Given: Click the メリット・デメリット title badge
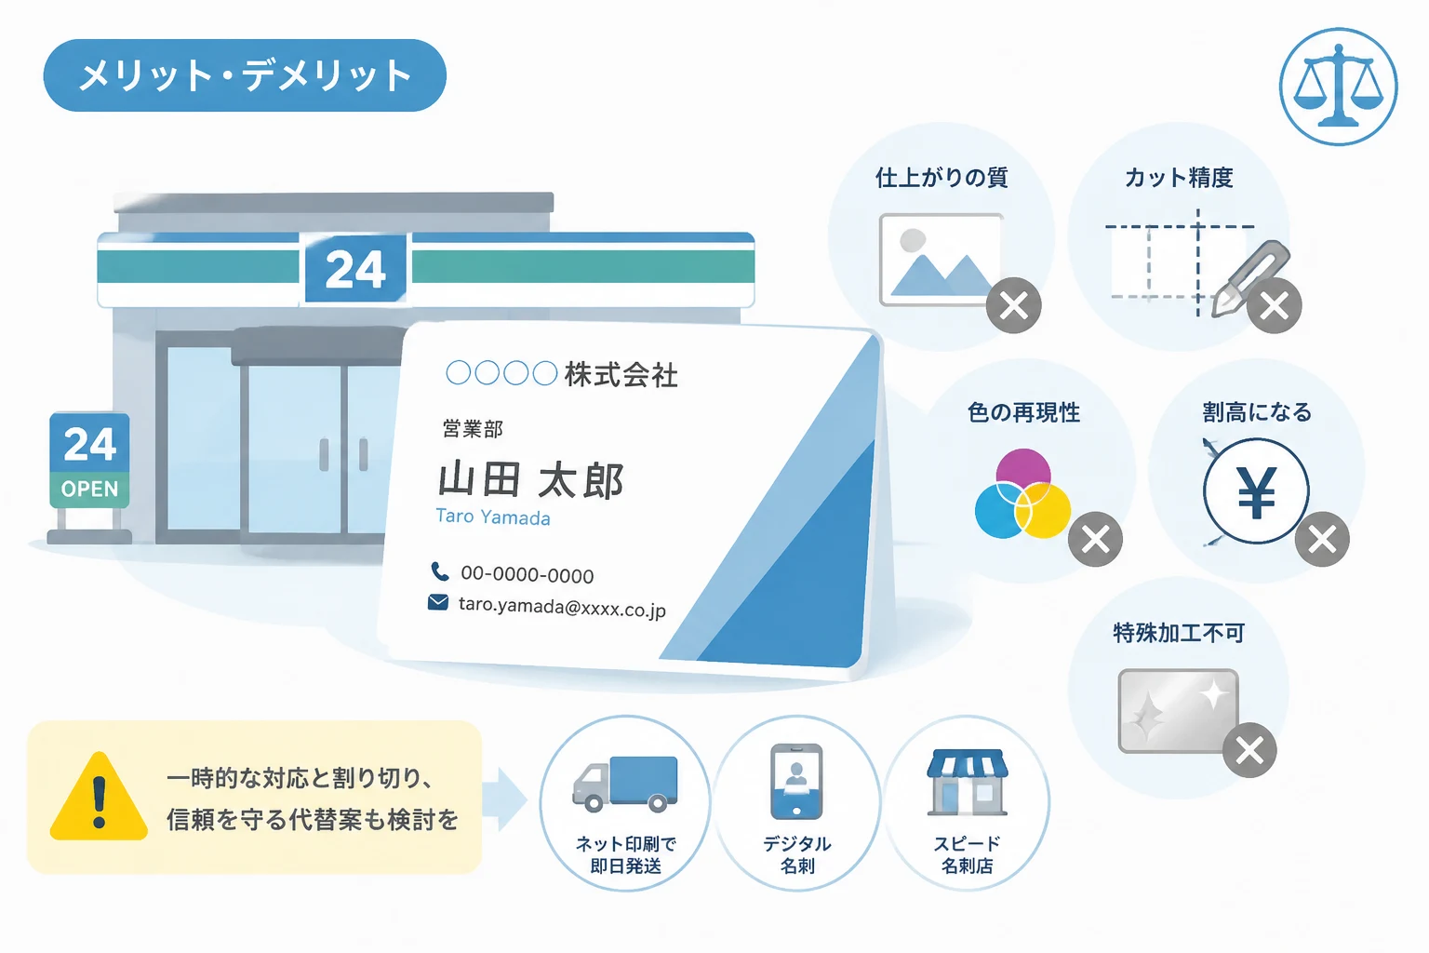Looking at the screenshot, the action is (x=245, y=75).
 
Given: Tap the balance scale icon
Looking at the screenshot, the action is (x=1339, y=87).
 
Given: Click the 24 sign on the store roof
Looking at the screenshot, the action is (x=355, y=268).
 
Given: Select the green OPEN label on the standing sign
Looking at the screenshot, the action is (x=89, y=490).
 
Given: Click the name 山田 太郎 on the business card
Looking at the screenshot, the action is (x=531, y=480).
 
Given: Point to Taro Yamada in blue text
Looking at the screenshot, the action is (x=492, y=517).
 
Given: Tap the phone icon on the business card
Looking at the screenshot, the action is (x=439, y=571).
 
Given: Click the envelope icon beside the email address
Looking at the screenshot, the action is (x=437, y=602).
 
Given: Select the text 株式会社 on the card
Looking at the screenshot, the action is (x=621, y=374).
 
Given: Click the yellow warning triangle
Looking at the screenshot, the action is (x=99, y=798).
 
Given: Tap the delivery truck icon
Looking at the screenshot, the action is (x=625, y=784).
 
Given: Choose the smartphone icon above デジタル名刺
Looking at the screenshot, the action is (x=796, y=782).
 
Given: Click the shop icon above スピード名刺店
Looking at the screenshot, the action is (x=968, y=783).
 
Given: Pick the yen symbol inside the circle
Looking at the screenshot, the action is (x=1257, y=492).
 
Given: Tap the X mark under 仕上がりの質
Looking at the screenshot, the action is (x=1014, y=306).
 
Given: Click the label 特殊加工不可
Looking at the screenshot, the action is (x=1179, y=633).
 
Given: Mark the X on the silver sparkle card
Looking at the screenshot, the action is (x=1249, y=750).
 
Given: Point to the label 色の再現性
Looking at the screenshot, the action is (x=1024, y=412).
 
